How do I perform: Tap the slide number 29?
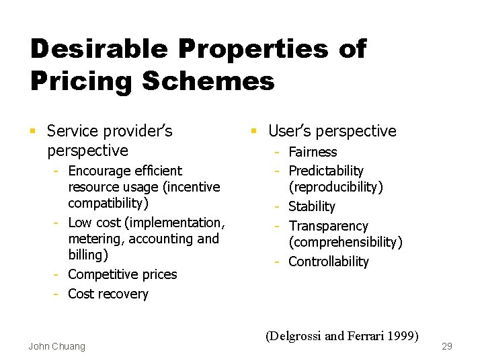447,346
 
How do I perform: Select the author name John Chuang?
57,346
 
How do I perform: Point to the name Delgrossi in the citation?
293,335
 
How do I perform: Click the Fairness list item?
313,153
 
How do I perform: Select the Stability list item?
311,207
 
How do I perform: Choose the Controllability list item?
328,261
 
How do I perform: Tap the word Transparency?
328,227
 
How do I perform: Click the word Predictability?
325,171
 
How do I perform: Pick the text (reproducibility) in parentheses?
335,188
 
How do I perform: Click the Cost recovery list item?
108,294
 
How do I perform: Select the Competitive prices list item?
122,275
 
